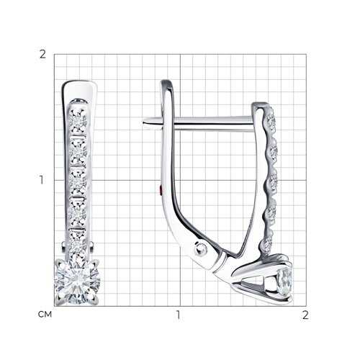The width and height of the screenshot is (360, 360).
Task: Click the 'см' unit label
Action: pos(45,314)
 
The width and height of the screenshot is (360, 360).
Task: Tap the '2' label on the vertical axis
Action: pos(42,55)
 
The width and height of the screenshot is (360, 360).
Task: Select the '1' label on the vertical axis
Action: pos(42,180)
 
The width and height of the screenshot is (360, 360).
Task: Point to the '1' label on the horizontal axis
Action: pos(178,315)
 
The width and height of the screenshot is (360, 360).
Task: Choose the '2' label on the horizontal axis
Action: pos(305,315)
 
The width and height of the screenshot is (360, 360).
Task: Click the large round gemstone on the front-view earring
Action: pos(77,282)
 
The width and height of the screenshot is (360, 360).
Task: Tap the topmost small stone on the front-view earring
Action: pos(78,121)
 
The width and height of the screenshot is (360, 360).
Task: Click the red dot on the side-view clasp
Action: pos(161,191)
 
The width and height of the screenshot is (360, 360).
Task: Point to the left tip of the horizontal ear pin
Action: pos(143,124)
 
